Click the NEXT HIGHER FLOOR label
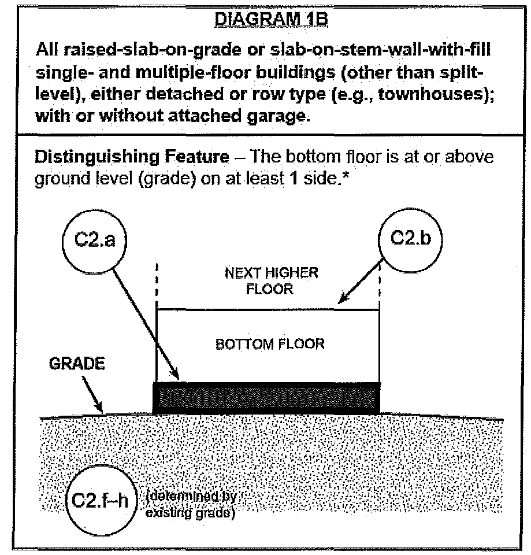coord(271,280)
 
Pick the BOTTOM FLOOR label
coord(270,344)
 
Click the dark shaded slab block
coord(266,397)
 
